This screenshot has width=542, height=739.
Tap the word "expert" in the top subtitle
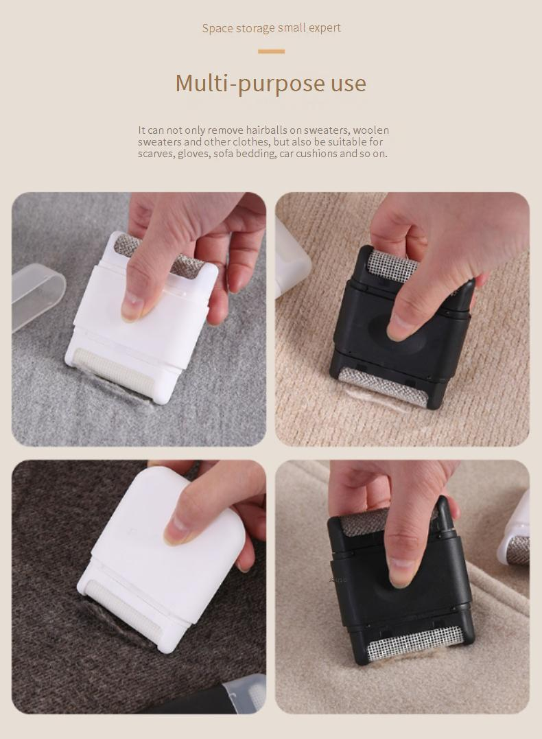pyautogui.click(x=325, y=28)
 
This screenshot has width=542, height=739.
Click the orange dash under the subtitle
pyautogui.click(x=271, y=51)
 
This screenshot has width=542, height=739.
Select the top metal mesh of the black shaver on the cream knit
pyautogui.click(x=392, y=266)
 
